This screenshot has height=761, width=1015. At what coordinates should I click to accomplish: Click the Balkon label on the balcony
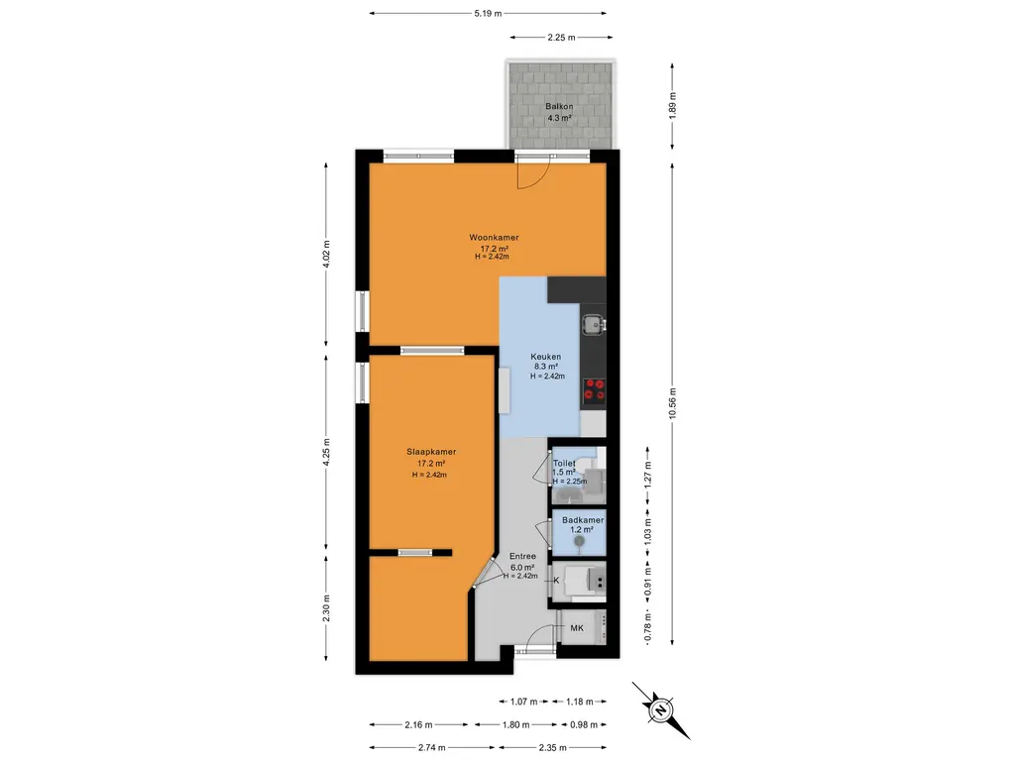pos(559,106)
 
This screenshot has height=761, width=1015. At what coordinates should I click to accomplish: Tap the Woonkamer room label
pos(494,238)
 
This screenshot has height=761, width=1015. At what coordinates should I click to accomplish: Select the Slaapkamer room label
pos(431,452)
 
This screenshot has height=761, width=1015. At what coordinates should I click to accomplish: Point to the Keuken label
pos(546,357)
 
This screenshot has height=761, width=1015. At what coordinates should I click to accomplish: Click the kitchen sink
pos(593,324)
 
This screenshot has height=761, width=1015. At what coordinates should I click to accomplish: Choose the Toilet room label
pos(564,464)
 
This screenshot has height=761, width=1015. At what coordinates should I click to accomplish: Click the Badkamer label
pos(583,520)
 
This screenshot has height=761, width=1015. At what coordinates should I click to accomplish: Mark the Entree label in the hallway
pos(522,557)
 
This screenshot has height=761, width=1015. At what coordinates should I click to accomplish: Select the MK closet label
pos(577,627)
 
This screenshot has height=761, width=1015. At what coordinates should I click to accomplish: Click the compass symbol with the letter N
pos(661,709)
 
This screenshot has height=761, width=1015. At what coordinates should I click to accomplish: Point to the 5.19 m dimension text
pos(488,13)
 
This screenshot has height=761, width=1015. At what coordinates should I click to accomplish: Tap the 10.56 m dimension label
pos(672,404)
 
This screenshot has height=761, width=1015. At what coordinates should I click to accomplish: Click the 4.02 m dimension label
pos(326,254)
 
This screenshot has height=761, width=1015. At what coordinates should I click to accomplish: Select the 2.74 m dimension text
pos(432,747)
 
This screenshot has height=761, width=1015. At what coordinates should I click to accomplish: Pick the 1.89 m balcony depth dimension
pos(672,106)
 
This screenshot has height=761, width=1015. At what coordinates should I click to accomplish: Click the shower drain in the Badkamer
pos(579,540)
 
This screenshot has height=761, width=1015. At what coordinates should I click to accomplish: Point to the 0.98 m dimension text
pos(583,724)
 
